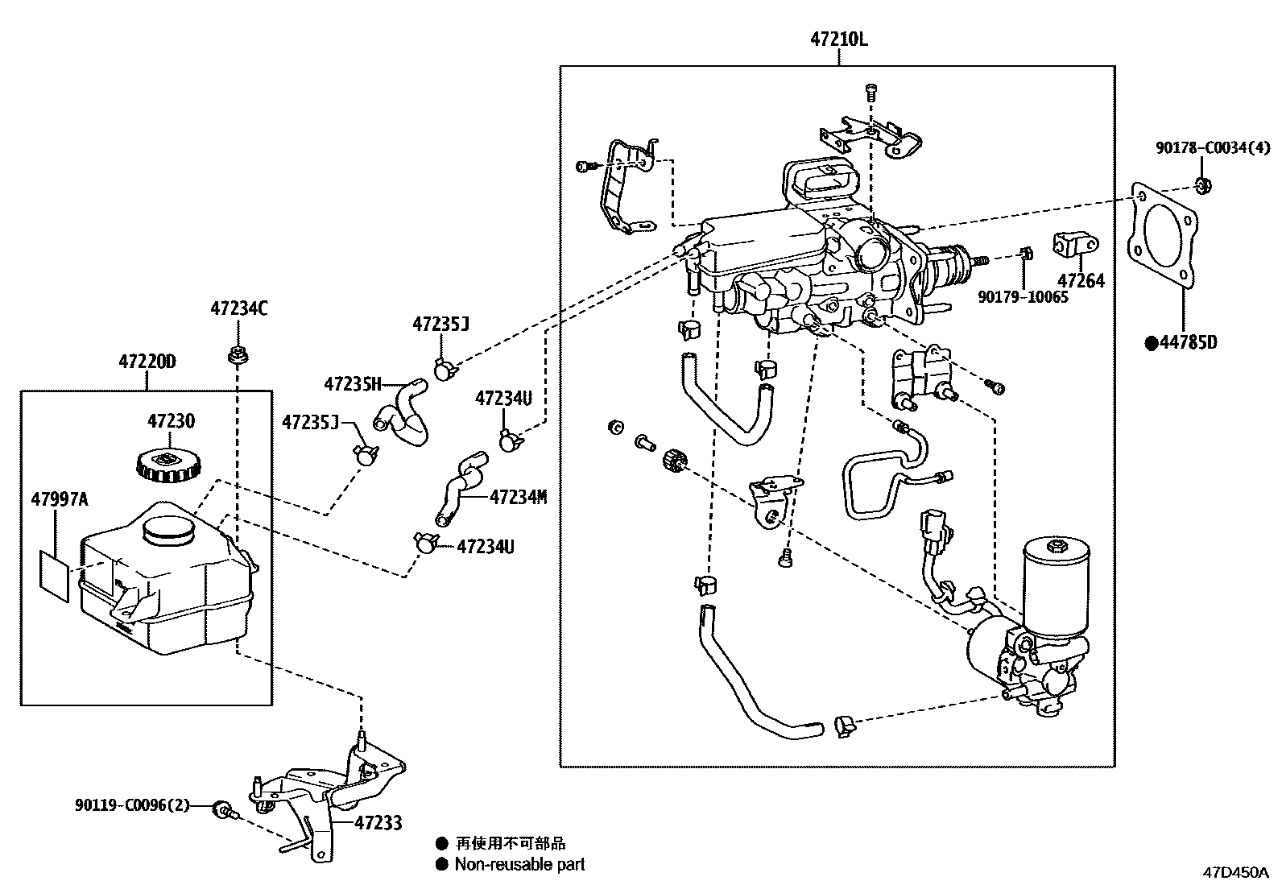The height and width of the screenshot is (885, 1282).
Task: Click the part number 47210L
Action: (838, 39)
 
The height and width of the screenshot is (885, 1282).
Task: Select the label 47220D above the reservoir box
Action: (147, 362)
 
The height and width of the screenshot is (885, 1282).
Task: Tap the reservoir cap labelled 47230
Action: (169, 465)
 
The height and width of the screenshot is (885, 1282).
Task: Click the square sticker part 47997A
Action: (55, 576)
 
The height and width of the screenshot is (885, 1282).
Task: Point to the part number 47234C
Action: (238, 308)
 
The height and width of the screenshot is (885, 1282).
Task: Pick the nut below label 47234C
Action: (238, 354)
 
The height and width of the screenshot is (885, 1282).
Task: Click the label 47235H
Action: (353, 383)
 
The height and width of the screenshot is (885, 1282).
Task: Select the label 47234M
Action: (518, 497)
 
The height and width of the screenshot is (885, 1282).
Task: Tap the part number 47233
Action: (378, 823)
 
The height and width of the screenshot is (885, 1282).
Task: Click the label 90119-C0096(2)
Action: (132, 804)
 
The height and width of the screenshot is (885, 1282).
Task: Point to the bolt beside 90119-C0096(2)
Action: (225, 809)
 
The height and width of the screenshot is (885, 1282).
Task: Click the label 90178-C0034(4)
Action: (1213, 147)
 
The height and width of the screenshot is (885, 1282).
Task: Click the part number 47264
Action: (1081, 280)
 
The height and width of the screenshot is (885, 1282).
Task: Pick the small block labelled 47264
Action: (1075, 244)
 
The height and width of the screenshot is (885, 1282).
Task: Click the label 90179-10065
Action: (1023, 296)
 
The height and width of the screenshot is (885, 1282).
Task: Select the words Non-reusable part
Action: (519, 864)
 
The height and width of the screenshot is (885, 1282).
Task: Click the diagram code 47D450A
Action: (1235, 872)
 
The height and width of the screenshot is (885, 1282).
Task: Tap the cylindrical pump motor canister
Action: (1056, 587)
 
